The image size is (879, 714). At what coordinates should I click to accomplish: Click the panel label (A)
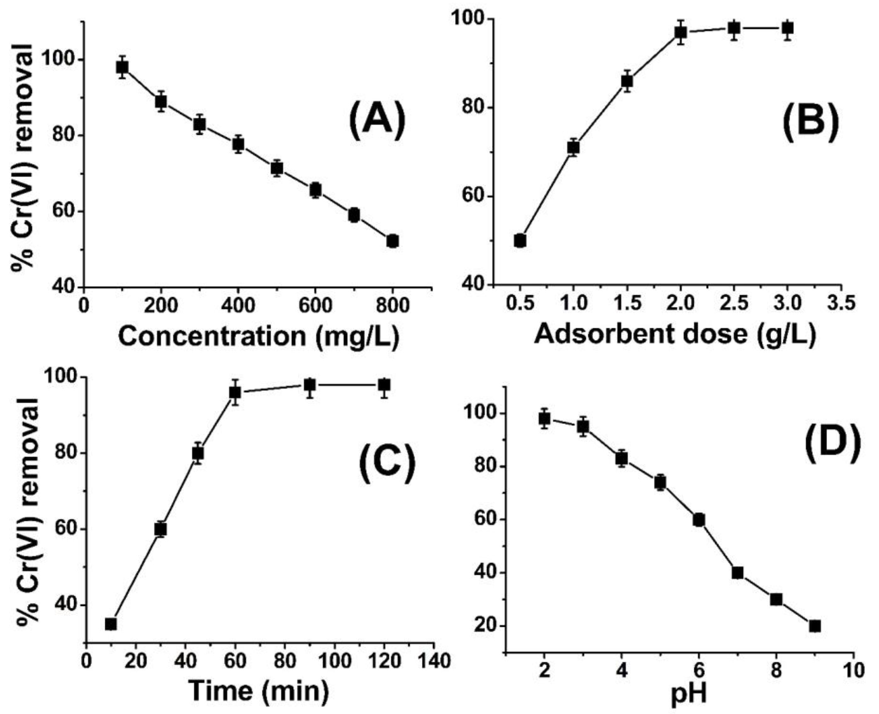click(x=377, y=119)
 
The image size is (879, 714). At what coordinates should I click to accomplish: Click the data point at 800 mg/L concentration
click(x=392, y=241)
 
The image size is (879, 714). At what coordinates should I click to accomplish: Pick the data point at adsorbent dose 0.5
click(x=520, y=241)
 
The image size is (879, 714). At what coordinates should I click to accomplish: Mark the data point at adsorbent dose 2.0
click(x=681, y=32)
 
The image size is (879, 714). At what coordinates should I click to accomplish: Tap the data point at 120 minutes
click(x=384, y=385)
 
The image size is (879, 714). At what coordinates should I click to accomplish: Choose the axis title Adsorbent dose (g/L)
click(x=675, y=334)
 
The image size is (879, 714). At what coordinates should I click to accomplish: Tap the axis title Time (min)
click(x=259, y=691)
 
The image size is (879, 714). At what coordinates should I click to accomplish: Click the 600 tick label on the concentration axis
click(x=315, y=306)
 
